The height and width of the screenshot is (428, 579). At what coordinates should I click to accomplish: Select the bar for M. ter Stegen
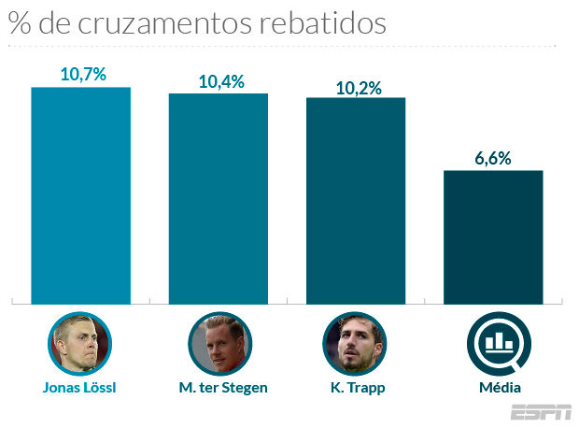click(218, 198)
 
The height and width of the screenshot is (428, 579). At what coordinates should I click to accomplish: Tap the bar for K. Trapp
click(356, 201)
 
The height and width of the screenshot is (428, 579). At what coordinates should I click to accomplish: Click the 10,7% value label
click(81, 74)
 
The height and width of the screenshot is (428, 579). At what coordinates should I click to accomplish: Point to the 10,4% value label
click(220, 81)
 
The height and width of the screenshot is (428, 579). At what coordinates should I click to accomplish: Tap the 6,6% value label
click(493, 158)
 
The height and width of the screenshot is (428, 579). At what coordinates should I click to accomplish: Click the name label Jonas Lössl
click(80, 388)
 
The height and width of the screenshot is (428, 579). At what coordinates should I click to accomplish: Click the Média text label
click(495, 387)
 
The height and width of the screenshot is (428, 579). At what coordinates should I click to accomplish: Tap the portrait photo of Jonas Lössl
click(79, 343)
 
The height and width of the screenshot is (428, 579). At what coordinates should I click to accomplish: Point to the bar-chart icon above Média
click(495, 343)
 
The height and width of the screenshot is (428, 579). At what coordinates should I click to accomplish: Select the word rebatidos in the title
click(322, 23)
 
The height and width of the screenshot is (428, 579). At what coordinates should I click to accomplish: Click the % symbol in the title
click(19, 23)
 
